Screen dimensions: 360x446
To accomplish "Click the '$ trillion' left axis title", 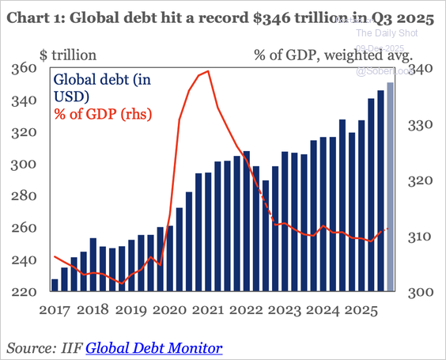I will coord(69,55).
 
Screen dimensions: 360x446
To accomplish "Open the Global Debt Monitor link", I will coord(153,347).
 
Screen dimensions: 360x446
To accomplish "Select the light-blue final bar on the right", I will coord(390,187).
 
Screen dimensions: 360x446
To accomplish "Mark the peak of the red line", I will coord(207,71).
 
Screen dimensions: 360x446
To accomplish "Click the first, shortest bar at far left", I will coord(55,285).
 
